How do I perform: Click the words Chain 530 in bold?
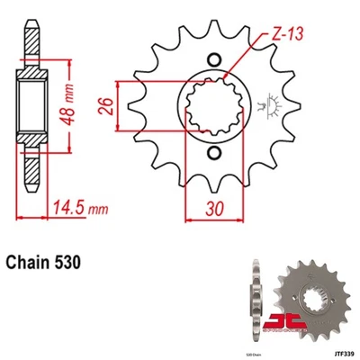click(47, 263)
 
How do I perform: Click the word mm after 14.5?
click(100, 211)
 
